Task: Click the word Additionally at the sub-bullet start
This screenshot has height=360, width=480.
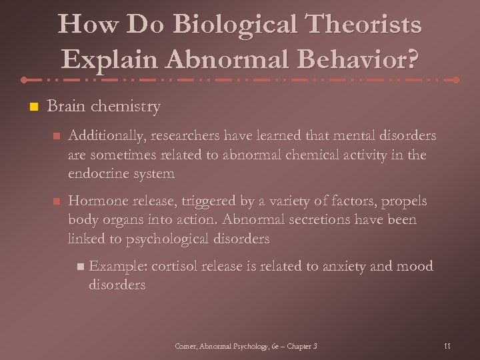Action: point(105,137)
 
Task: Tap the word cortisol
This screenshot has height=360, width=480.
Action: point(176,267)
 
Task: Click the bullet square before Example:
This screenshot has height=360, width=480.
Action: point(81,267)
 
